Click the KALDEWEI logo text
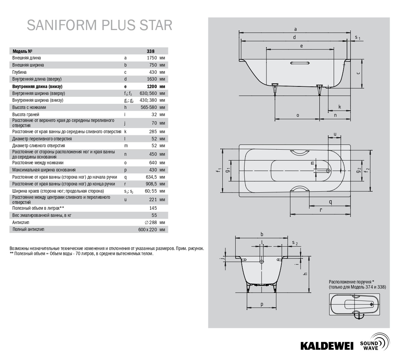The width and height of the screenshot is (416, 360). (x=327, y=345)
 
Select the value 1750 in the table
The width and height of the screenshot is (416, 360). (x=151, y=58)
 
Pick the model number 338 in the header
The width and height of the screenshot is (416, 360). (x=151, y=51)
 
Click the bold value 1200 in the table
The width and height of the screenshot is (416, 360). (x=151, y=86)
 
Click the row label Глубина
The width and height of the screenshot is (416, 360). (x=19, y=72)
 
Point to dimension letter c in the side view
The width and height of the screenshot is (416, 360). (x=358, y=73)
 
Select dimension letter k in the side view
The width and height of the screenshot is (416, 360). (x=340, y=107)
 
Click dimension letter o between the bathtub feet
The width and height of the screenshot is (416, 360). (x=297, y=115)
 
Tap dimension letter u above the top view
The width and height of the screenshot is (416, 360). (x=335, y=134)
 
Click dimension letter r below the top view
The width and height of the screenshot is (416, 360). (x=321, y=210)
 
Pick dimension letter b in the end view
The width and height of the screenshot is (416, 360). (x=262, y=234)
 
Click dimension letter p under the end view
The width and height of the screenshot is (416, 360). (x=262, y=304)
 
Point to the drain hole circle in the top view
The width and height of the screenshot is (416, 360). (x=329, y=170)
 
